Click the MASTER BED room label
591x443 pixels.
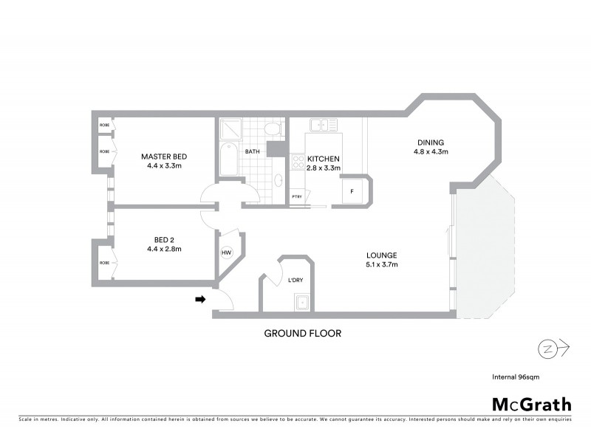point(163,157)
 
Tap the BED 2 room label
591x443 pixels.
point(163,239)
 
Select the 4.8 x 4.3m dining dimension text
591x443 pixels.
point(431,152)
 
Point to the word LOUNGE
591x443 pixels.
point(382,255)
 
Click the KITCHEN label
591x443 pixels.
point(324,159)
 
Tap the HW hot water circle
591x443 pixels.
point(226,253)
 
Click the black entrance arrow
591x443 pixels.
point(200,299)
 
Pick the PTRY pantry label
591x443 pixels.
point(297,196)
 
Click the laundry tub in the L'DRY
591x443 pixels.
point(301,301)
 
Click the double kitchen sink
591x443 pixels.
point(324,126)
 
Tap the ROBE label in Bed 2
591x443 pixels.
point(105,262)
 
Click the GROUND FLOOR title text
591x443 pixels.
point(303,334)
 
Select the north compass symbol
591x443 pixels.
point(548,347)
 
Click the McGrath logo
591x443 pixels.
point(531,404)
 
